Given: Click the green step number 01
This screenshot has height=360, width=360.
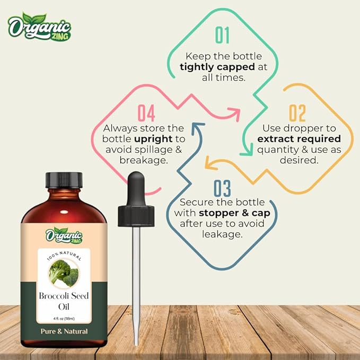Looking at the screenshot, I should pyautogui.click(x=222, y=35).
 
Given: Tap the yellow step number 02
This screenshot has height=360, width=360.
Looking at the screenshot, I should pyautogui.click(x=297, y=113).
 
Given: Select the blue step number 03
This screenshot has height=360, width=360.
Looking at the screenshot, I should pyautogui.click(x=222, y=188).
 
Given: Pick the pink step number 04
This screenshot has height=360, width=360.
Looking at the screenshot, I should pyautogui.click(x=146, y=113).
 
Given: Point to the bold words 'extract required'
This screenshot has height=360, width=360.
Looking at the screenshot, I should pyautogui.click(x=298, y=139).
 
